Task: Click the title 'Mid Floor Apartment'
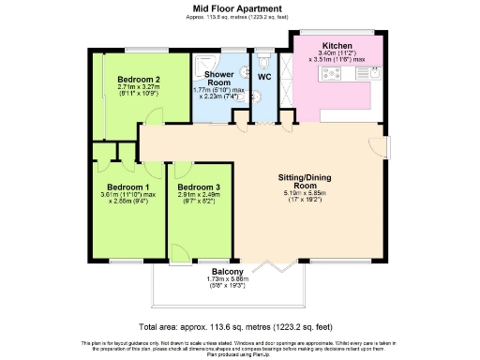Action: tap(240, 7)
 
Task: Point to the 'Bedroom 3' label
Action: tap(198, 187)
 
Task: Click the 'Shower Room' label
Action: tap(218, 78)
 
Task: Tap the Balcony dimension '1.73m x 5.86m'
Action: tap(225, 279)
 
